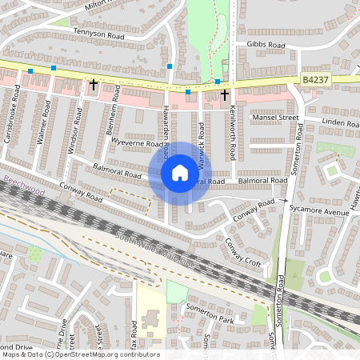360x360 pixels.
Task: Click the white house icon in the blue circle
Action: coord(179,172)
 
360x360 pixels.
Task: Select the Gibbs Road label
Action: coord(266,45)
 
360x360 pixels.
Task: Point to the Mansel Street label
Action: coord(274,117)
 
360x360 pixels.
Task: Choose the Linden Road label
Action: coord(339,122)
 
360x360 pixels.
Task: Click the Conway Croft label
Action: coord(242,253)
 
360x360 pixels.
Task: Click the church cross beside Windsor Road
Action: coord(94,83)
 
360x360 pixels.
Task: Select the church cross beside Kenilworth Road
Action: coord(225,94)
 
